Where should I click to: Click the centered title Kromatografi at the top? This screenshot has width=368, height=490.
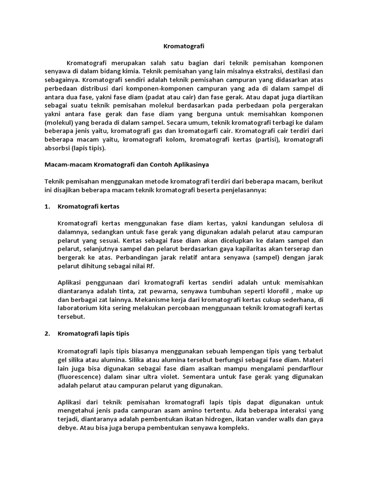point(184,46)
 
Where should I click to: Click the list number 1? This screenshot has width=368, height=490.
point(47,207)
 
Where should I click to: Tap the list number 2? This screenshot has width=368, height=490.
point(47,333)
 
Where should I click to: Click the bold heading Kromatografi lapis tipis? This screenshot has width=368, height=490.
point(93,333)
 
